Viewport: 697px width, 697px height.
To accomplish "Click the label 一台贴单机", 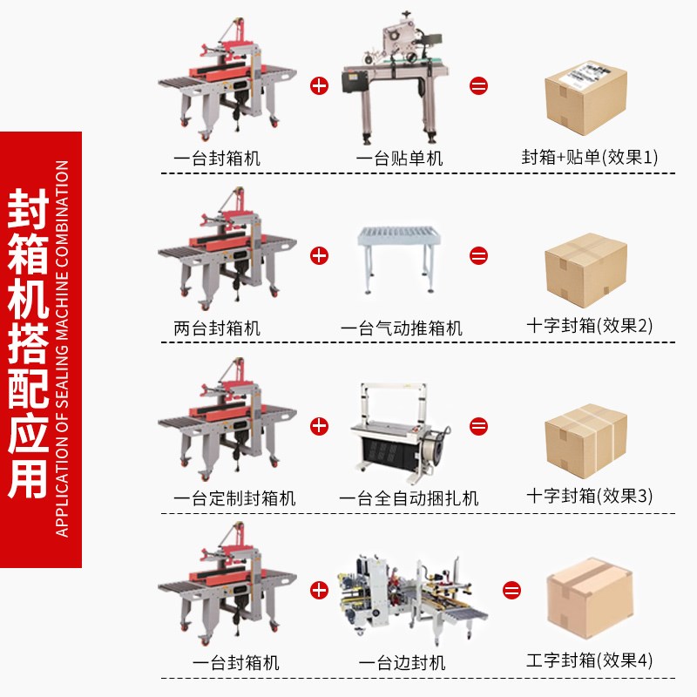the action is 400,159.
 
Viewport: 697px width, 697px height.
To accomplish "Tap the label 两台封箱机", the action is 217,328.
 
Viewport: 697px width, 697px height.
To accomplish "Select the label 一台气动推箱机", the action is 401,328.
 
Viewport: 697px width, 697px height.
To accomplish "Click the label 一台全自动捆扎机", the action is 409,498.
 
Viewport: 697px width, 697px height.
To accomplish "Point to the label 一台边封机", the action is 402,663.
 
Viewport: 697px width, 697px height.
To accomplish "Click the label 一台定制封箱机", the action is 234,498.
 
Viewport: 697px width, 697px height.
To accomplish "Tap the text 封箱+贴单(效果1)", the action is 590,158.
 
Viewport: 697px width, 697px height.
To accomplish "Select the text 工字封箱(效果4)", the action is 590,660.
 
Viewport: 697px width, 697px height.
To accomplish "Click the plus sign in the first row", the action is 320,85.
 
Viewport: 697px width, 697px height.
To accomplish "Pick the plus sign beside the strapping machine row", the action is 320,425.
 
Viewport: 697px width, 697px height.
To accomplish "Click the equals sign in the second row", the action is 478,255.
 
